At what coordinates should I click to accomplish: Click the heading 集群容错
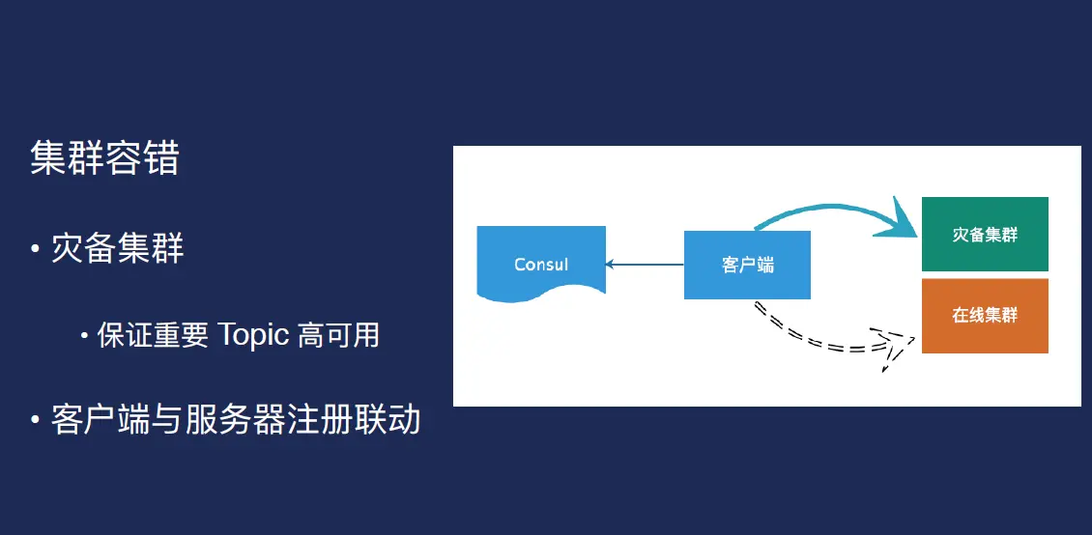pos(104,158)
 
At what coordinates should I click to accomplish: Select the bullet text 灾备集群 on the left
pos(117,248)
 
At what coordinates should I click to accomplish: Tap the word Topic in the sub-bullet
pos(253,335)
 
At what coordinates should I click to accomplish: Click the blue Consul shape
pos(541,261)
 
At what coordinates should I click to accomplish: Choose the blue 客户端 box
pos(747,265)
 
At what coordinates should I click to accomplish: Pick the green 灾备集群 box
pos(985,235)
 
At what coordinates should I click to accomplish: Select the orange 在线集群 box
pos(985,316)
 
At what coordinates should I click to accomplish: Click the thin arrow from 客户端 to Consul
pos(645,264)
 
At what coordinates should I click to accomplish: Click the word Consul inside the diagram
pos(541,264)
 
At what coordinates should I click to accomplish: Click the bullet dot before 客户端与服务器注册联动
pos(35,421)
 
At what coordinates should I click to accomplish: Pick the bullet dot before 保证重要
pos(85,336)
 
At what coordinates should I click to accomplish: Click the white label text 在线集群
pos(985,316)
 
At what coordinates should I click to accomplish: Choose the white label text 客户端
pos(747,265)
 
